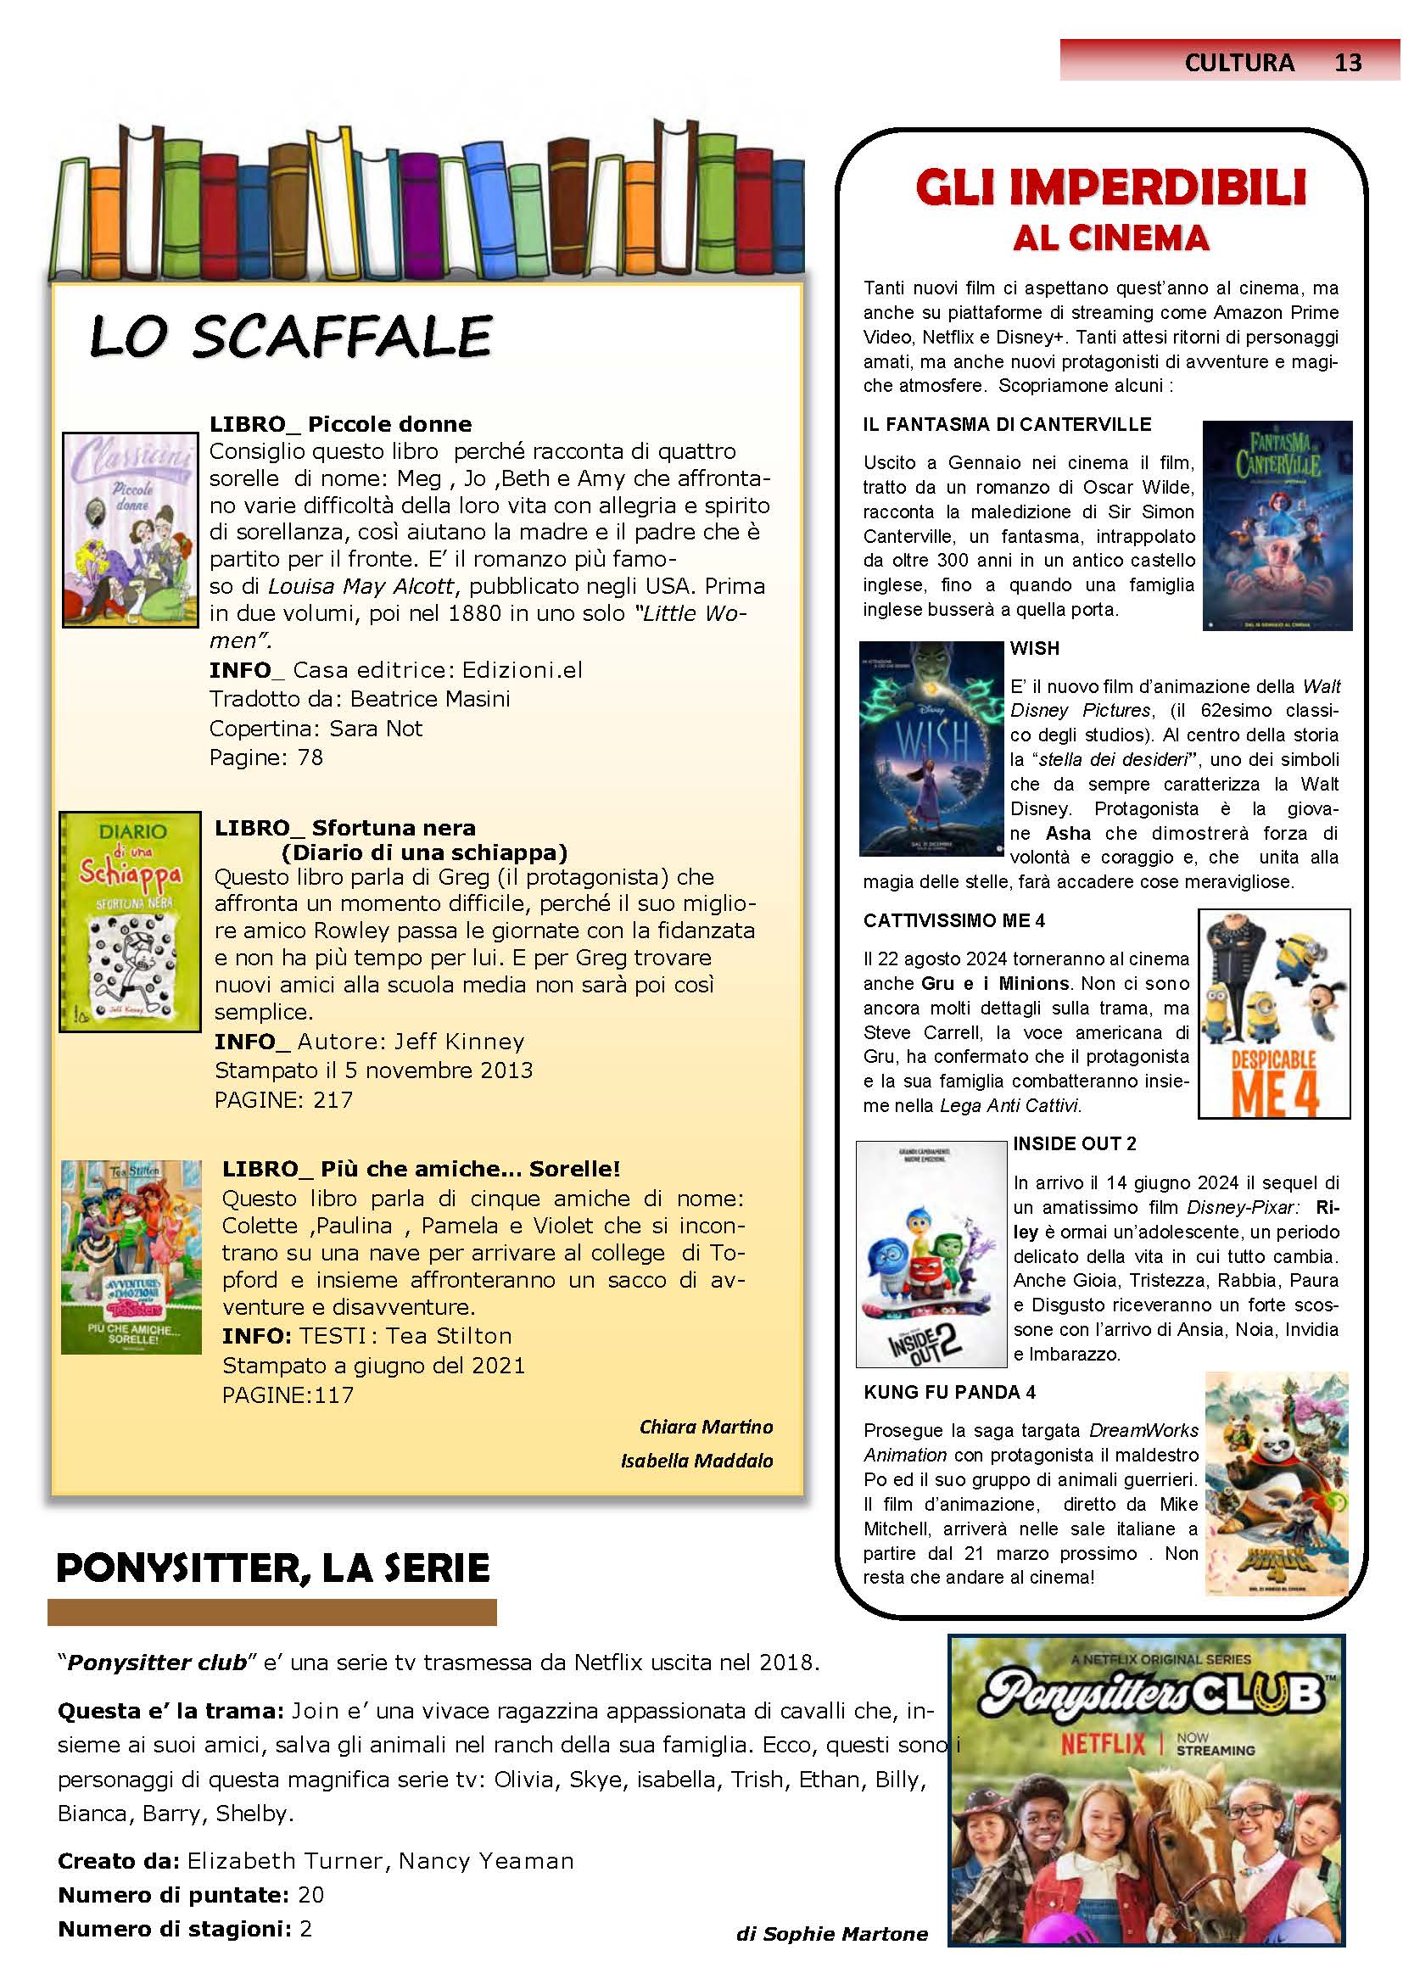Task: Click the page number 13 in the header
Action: [x=1348, y=62]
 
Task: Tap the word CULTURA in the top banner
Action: [x=1240, y=62]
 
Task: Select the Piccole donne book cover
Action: [x=131, y=528]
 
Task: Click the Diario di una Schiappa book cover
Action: [x=130, y=921]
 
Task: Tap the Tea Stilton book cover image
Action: [x=131, y=1256]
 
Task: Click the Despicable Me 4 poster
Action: [x=1273, y=1013]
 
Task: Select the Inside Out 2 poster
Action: [x=931, y=1254]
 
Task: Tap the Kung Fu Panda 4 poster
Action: [x=1277, y=1484]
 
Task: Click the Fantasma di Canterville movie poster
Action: [x=1277, y=525]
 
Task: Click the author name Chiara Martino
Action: [x=706, y=1427]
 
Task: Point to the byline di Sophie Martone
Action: [x=831, y=1934]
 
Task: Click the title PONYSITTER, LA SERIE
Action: [x=273, y=1568]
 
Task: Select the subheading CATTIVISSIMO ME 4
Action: [x=953, y=921]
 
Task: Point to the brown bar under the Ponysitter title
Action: [x=272, y=1612]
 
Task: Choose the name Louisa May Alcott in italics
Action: [x=361, y=586]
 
